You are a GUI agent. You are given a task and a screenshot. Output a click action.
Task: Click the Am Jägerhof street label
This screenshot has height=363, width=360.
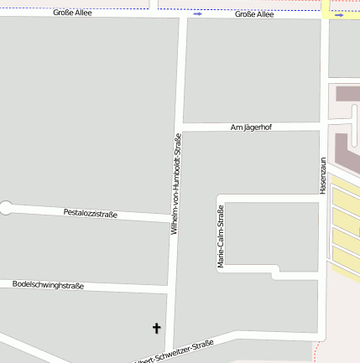click(251, 127)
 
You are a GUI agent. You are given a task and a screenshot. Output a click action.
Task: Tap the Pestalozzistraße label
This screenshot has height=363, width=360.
click(91, 214)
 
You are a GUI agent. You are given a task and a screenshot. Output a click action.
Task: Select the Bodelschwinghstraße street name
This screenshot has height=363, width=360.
click(48, 285)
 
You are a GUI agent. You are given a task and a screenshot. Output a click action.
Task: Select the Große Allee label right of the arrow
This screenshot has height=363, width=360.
click(254, 14)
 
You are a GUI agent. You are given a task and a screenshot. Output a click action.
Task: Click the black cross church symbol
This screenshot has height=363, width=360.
click(156, 328)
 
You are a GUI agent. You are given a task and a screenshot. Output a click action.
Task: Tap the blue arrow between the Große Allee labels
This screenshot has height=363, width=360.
click(197, 14)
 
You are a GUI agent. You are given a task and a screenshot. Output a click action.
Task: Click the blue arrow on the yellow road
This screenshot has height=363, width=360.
click(338, 14)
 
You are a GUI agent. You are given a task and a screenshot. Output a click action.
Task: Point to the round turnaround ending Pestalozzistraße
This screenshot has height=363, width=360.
click(6, 208)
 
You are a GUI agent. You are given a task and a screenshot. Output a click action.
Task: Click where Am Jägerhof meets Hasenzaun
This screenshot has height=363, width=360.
click(322, 127)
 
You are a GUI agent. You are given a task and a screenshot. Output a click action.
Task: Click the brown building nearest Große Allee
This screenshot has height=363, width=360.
click(347, 92)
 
